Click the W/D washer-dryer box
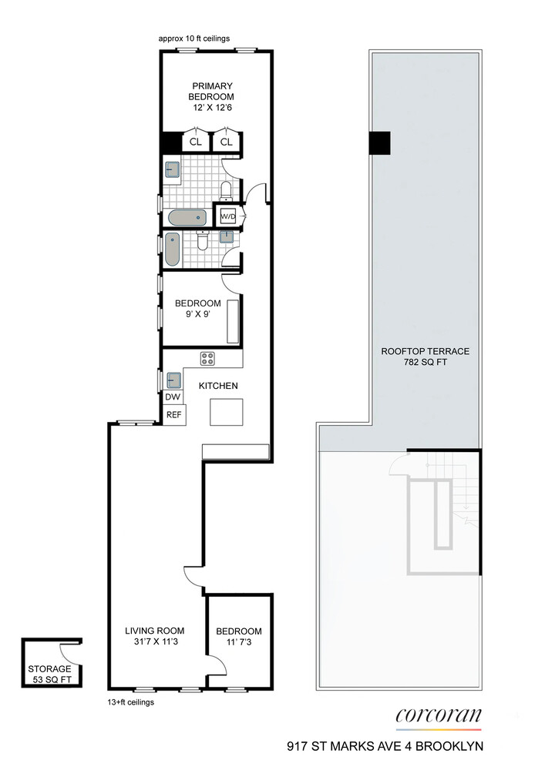pos(228,216)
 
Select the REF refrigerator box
pos(173,414)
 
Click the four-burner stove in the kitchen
pos(208,357)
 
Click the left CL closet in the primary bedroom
pos(196,142)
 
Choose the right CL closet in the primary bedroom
pos(227,142)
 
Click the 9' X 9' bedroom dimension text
pos(197,315)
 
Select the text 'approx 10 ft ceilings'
pos(193,38)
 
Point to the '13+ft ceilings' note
pos(130,702)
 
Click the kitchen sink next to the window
pos(174,380)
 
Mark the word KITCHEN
pos(218,386)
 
